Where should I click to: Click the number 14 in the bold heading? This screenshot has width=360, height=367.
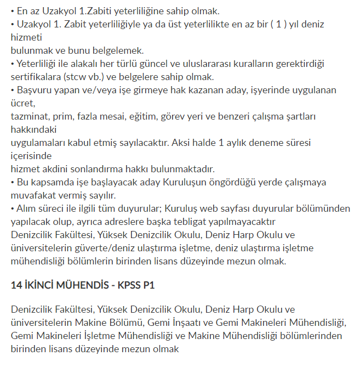[x=16, y=285]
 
